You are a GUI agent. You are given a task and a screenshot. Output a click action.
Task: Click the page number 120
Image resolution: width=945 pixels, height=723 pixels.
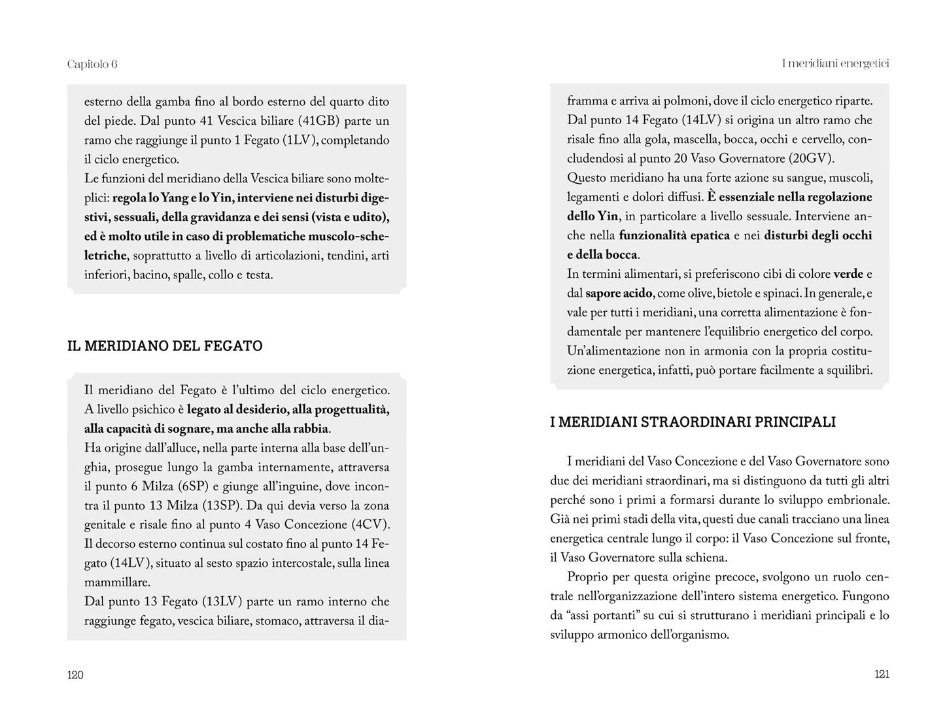(x=75, y=675)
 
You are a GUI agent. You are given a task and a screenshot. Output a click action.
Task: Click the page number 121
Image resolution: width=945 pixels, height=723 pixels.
(x=882, y=675)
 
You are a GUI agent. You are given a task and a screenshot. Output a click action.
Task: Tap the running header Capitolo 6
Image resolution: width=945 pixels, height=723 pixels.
(x=92, y=64)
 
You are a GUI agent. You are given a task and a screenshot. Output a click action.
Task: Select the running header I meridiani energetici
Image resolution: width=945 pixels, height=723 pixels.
(x=836, y=63)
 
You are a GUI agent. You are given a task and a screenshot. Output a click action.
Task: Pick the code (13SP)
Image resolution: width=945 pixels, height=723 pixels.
(x=221, y=505)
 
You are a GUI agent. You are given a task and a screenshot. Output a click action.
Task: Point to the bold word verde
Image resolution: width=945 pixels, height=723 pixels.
(x=848, y=274)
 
